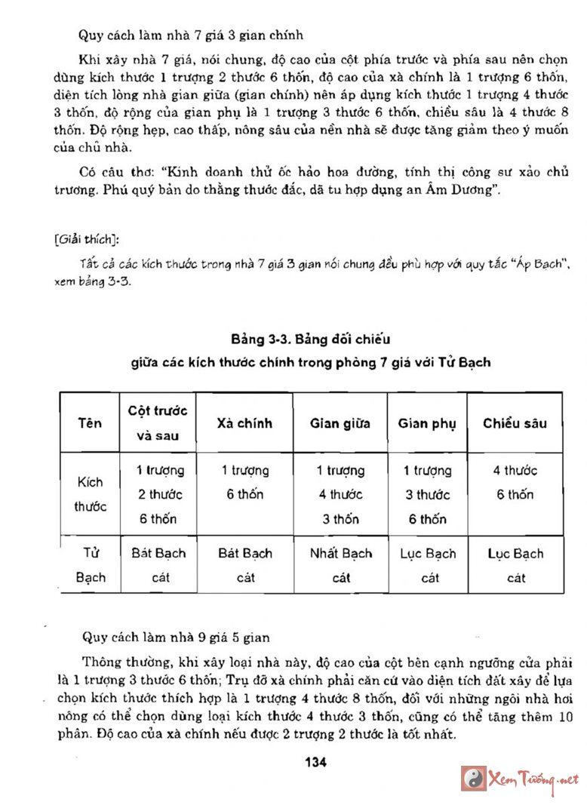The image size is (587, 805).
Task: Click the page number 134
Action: pyautogui.click(x=315, y=763)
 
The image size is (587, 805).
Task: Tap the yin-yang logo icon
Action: pyautogui.click(x=474, y=779)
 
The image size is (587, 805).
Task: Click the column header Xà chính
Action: pyautogui.click(x=244, y=423)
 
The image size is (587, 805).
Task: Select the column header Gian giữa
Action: pyautogui.click(x=340, y=423)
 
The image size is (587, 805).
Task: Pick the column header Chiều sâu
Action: pyautogui.click(x=515, y=423)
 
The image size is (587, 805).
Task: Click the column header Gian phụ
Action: pyautogui.click(x=427, y=423)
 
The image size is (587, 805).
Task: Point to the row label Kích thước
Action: pyautogui.click(x=90, y=494)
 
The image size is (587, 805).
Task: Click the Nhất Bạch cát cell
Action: pyautogui.click(x=341, y=565)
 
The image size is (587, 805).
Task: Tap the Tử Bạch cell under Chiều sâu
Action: pyautogui.click(x=515, y=565)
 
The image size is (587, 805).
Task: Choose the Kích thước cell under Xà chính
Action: pyautogui.click(x=244, y=483)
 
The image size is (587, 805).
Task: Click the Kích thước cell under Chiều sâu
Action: pyautogui.click(x=515, y=483)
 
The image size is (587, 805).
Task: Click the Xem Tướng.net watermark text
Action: pyautogui.click(x=533, y=779)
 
